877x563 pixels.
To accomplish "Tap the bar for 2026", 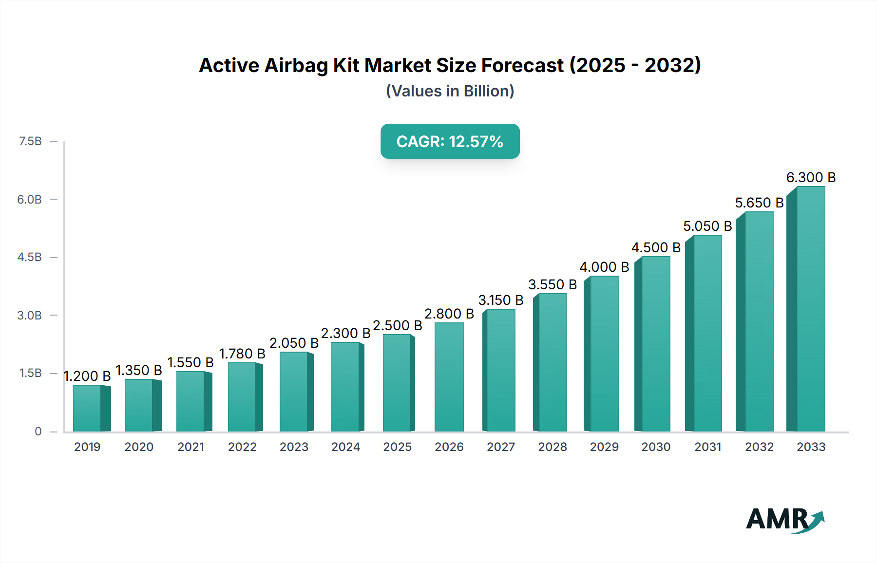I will (449, 377).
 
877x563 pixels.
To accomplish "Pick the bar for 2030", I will (655, 344).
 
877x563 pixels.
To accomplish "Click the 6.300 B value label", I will (811, 177).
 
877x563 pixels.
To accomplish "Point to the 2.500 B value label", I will (397, 325).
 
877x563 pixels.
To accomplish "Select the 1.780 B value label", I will (242, 354).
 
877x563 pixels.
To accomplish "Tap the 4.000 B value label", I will (604, 267).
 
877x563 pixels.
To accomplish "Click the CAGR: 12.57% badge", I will (450, 141).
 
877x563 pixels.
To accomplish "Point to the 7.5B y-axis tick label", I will (30, 141).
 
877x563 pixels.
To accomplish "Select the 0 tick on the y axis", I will (38, 431).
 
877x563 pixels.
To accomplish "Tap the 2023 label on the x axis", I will (294, 447).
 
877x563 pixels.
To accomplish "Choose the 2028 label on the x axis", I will (552, 447).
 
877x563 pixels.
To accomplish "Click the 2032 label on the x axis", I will (759, 447).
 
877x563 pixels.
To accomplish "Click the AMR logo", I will (784, 519).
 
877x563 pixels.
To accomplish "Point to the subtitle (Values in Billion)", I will (450, 91).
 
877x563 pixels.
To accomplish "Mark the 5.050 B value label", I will (707, 226).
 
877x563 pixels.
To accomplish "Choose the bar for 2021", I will (191, 401).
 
